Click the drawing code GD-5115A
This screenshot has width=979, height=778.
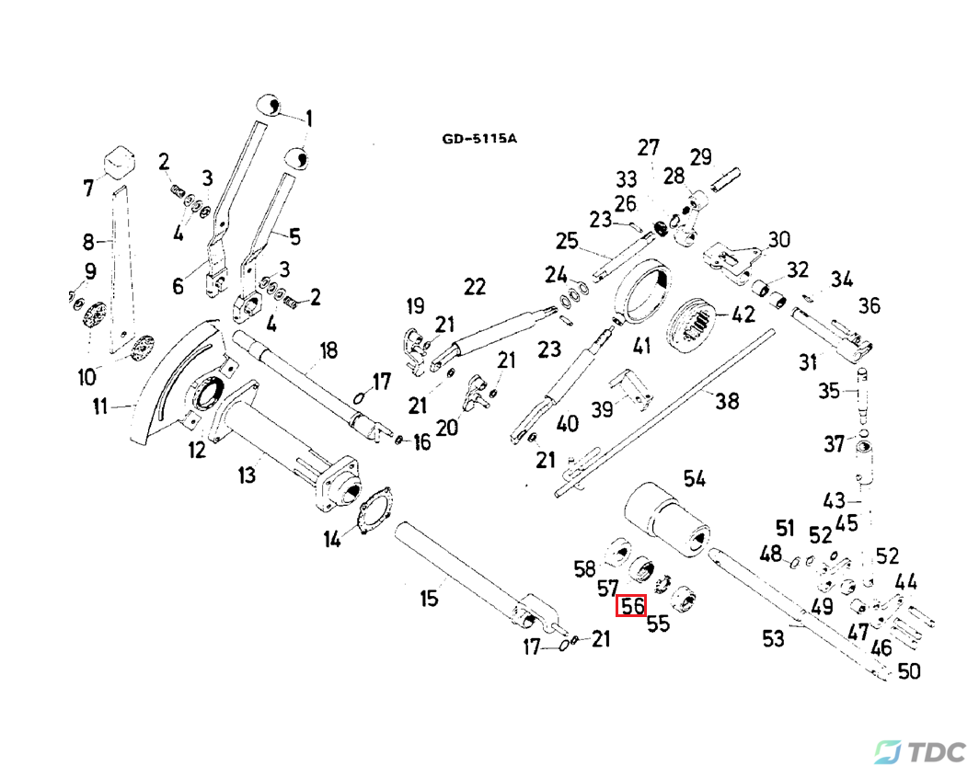coord(479,139)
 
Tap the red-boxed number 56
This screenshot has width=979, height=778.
coord(632,606)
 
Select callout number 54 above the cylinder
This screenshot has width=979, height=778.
coord(694,477)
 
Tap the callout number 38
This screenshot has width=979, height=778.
coord(728,401)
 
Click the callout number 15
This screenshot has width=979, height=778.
coord(430,600)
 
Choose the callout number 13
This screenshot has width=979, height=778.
coord(247,475)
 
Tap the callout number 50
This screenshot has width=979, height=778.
coord(908,671)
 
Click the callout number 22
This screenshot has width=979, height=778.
coord(474,287)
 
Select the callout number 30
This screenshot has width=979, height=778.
coord(779,240)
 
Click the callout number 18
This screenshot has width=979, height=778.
coord(328,350)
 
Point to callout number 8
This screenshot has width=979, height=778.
coord(88,243)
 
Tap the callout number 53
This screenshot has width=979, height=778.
coord(774,637)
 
